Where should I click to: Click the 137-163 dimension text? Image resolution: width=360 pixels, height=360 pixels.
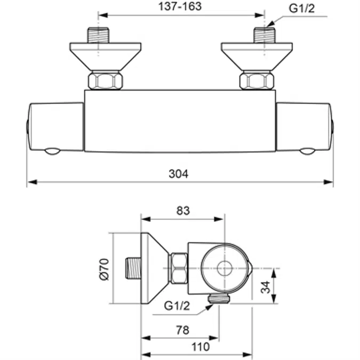coord(181,7)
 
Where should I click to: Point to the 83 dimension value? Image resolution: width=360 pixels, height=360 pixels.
coord(182,211)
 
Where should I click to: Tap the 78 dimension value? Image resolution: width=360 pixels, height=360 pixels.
coord(182,330)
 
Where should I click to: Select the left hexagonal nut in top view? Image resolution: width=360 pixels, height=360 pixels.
coord(105,81)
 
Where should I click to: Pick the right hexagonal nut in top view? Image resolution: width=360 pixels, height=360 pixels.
coord(257,81)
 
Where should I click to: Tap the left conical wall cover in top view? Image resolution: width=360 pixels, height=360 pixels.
coord(105,55)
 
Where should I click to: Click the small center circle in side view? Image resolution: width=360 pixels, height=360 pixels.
coord(225,268)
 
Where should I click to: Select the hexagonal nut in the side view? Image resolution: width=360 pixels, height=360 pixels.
coord(178,268)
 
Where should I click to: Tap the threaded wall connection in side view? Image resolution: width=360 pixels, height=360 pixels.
coord(134,268)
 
